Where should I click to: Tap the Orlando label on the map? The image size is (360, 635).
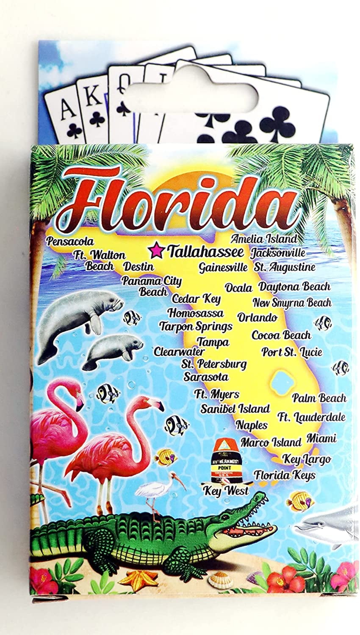(x=257, y=317)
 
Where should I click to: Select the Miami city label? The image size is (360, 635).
(x=321, y=438)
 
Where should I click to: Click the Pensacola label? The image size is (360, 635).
(x=70, y=241)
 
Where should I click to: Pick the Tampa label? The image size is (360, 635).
(x=213, y=342)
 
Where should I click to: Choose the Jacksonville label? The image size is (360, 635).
(x=278, y=253)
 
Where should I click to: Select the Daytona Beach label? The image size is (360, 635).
(x=294, y=287)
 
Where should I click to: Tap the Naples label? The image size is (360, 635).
(x=252, y=425)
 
